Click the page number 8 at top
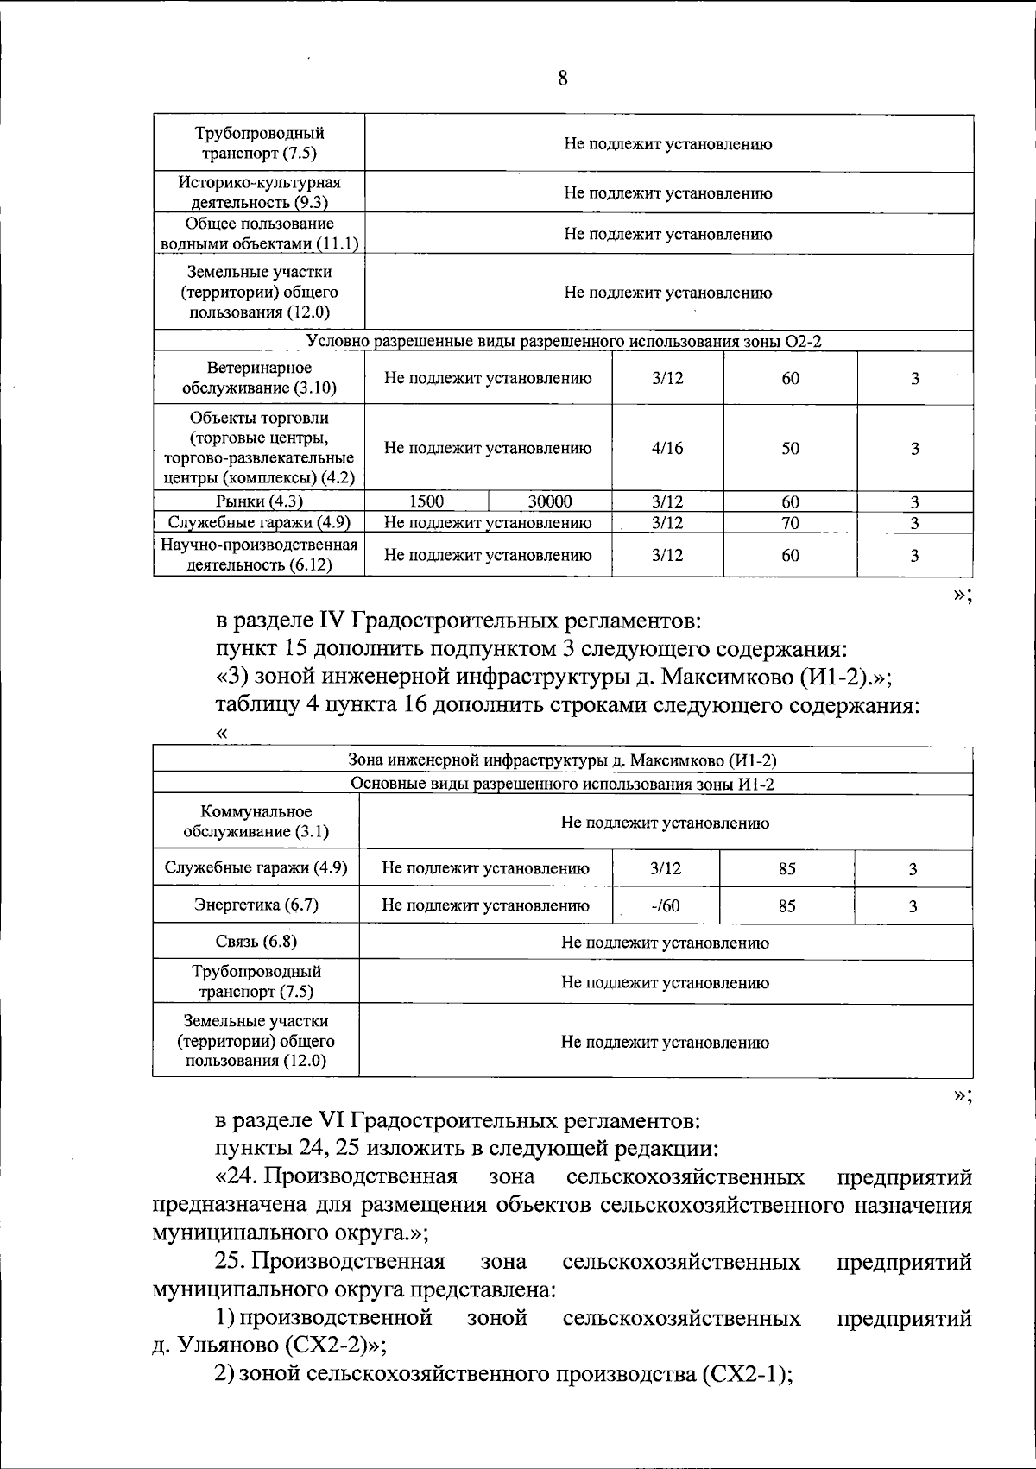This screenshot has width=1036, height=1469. click(x=562, y=79)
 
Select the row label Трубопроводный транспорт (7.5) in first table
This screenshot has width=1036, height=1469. click(x=259, y=143)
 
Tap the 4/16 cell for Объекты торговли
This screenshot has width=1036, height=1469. click(x=667, y=448)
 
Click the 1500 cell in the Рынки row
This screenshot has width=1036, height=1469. click(x=426, y=501)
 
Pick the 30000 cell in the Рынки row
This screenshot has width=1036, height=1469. click(x=550, y=501)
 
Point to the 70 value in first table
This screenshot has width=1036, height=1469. click(x=790, y=522)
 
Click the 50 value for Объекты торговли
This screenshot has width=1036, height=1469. click(x=790, y=448)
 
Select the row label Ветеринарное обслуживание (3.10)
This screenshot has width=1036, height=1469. click(x=259, y=378)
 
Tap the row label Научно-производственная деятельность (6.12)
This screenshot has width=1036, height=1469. click(x=259, y=555)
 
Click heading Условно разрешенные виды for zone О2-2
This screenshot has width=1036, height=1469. click(x=564, y=342)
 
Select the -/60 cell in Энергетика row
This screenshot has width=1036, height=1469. click(x=665, y=905)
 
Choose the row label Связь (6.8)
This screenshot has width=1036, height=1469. click(x=256, y=942)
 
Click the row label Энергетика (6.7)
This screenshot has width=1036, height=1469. click(x=256, y=905)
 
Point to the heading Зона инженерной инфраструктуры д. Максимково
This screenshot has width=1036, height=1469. click(x=562, y=760)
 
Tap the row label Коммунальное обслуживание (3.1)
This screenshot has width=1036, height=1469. click(x=256, y=822)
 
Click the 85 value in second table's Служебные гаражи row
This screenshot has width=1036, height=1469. click(x=786, y=869)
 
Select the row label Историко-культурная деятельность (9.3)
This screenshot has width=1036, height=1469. click(x=259, y=192)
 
